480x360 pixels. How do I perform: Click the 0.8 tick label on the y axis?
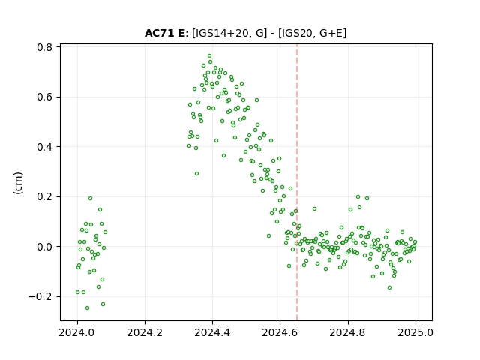(x=44, y=47)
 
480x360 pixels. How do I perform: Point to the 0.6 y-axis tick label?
(x=44, y=97)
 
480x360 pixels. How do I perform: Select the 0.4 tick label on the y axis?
(x=44, y=147)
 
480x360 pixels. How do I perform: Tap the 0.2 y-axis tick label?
(x=44, y=196)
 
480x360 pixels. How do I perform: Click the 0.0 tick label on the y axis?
(x=44, y=247)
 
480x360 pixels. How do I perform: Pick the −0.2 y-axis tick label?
(x=40, y=297)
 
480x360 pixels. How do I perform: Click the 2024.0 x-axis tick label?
(x=77, y=332)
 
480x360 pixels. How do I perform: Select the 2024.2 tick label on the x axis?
(x=145, y=332)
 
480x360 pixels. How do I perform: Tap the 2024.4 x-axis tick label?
(x=212, y=332)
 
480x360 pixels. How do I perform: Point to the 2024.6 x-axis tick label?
(x=280, y=332)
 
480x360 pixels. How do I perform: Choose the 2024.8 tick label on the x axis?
(x=347, y=332)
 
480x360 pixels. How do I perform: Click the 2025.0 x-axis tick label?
(x=415, y=332)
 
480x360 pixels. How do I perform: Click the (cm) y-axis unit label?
(x=18, y=183)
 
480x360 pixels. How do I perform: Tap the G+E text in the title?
(x=331, y=33)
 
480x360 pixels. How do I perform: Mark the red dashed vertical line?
(x=297, y=182)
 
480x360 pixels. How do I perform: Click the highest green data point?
(x=210, y=56)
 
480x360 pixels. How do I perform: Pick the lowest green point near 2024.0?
(x=87, y=308)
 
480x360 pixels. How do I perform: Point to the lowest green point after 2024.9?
(x=389, y=288)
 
